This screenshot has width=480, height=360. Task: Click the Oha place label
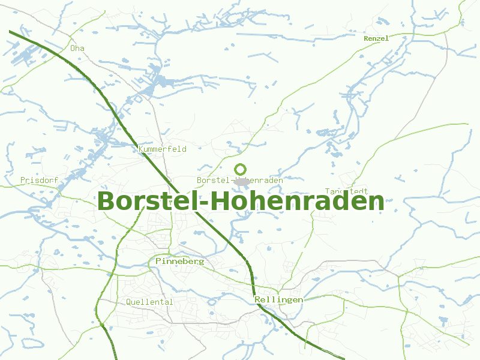(77, 48)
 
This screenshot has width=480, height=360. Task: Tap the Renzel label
(376, 38)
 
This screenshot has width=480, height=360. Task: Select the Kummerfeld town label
(162, 149)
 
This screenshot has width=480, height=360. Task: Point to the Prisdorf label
(38, 180)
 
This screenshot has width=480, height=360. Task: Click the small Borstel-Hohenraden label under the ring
(240, 180)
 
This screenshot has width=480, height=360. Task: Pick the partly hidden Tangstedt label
(346, 191)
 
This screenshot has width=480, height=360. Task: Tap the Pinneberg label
(179, 262)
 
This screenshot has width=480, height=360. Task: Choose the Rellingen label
(278, 299)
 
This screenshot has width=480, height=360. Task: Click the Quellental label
(149, 302)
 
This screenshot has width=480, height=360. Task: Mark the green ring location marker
(241, 169)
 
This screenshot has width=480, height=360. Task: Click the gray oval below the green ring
(242, 181)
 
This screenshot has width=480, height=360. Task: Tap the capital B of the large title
(107, 202)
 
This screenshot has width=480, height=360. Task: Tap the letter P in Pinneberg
(158, 262)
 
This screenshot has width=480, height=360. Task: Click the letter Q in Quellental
(129, 302)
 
